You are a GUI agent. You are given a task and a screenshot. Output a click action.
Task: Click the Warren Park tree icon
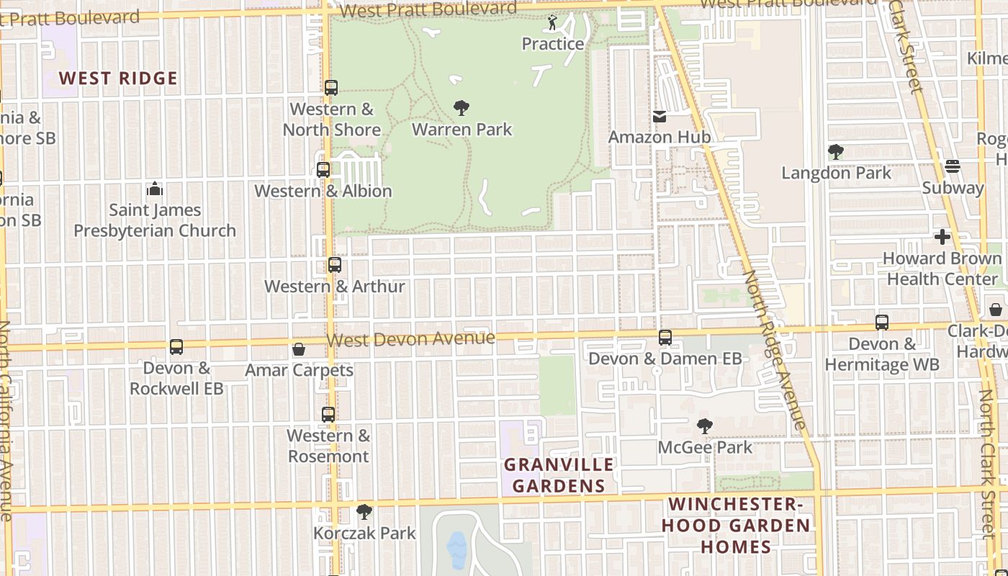pyautogui.click(x=462, y=108)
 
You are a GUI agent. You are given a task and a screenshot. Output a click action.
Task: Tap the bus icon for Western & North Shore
pyautogui.click(x=331, y=88)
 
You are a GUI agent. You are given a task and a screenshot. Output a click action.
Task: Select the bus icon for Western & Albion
pyautogui.click(x=323, y=170)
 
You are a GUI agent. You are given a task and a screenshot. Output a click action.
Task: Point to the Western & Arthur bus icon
pyautogui.click(x=335, y=265)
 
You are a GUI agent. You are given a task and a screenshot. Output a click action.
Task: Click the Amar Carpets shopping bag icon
pyautogui.click(x=299, y=349)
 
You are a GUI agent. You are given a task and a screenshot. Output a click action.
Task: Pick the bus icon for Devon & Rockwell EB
pyautogui.click(x=176, y=347)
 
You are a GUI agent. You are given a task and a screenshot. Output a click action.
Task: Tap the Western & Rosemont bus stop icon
pyautogui.click(x=328, y=415)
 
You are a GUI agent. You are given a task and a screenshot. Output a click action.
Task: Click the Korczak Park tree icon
pyautogui.click(x=364, y=512)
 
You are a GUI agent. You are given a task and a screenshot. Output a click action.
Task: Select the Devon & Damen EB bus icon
pyautogui.click(x=665, y=337)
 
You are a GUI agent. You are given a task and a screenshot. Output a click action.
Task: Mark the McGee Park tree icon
pyautogui.click(x=705, y=426)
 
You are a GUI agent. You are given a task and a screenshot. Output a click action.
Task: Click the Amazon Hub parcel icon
pyautogui.click(x=659, y=116)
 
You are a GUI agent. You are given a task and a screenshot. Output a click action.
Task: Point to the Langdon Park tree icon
pyautogui.click(x=836, y=152)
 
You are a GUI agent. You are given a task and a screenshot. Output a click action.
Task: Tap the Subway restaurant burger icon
pyautogui.click(x=953, y=166)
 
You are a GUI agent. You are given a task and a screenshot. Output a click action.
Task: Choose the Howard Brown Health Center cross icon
pyautogui.click(x=942, y=236)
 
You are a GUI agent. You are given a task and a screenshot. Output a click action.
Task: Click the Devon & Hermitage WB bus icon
pyautogui.click(x=882, y=323)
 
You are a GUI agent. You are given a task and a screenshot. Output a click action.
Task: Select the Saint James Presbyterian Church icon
pyautogui.click(x=155, y=189)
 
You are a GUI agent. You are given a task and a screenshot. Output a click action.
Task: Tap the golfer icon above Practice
pyautogui.click(x=552, y=23)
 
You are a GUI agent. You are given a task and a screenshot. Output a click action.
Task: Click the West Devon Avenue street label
pyautogui.click(x=410, y=338)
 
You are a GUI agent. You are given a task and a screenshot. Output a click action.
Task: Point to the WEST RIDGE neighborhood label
pyautogui.click(x=118, y=78)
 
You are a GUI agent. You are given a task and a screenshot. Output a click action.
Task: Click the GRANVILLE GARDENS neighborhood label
pyautogui.click(x=559, y=475)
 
